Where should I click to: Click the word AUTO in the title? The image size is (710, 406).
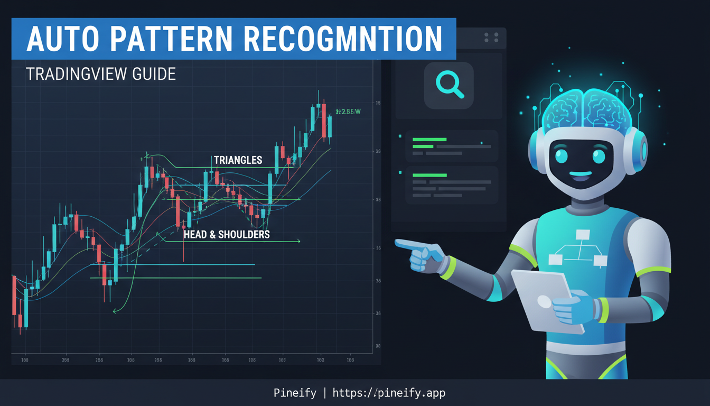[x=58, y=39]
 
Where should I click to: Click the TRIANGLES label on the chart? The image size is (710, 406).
[x=238, y=160]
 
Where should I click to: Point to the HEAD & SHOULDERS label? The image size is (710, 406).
[x=227, y=234]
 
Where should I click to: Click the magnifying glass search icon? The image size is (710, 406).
[x=449, y=85]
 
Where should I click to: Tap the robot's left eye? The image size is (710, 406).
[x=560, y=156]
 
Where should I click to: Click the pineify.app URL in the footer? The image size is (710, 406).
[x=389, y=393]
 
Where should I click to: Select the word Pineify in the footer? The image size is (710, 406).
[x=295, y=393]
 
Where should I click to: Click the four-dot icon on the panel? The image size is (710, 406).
[x=491, y=38]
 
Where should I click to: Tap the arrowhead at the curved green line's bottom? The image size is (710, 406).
[x=115, y=311]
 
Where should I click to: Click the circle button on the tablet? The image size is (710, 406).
[x=544, y=301]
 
